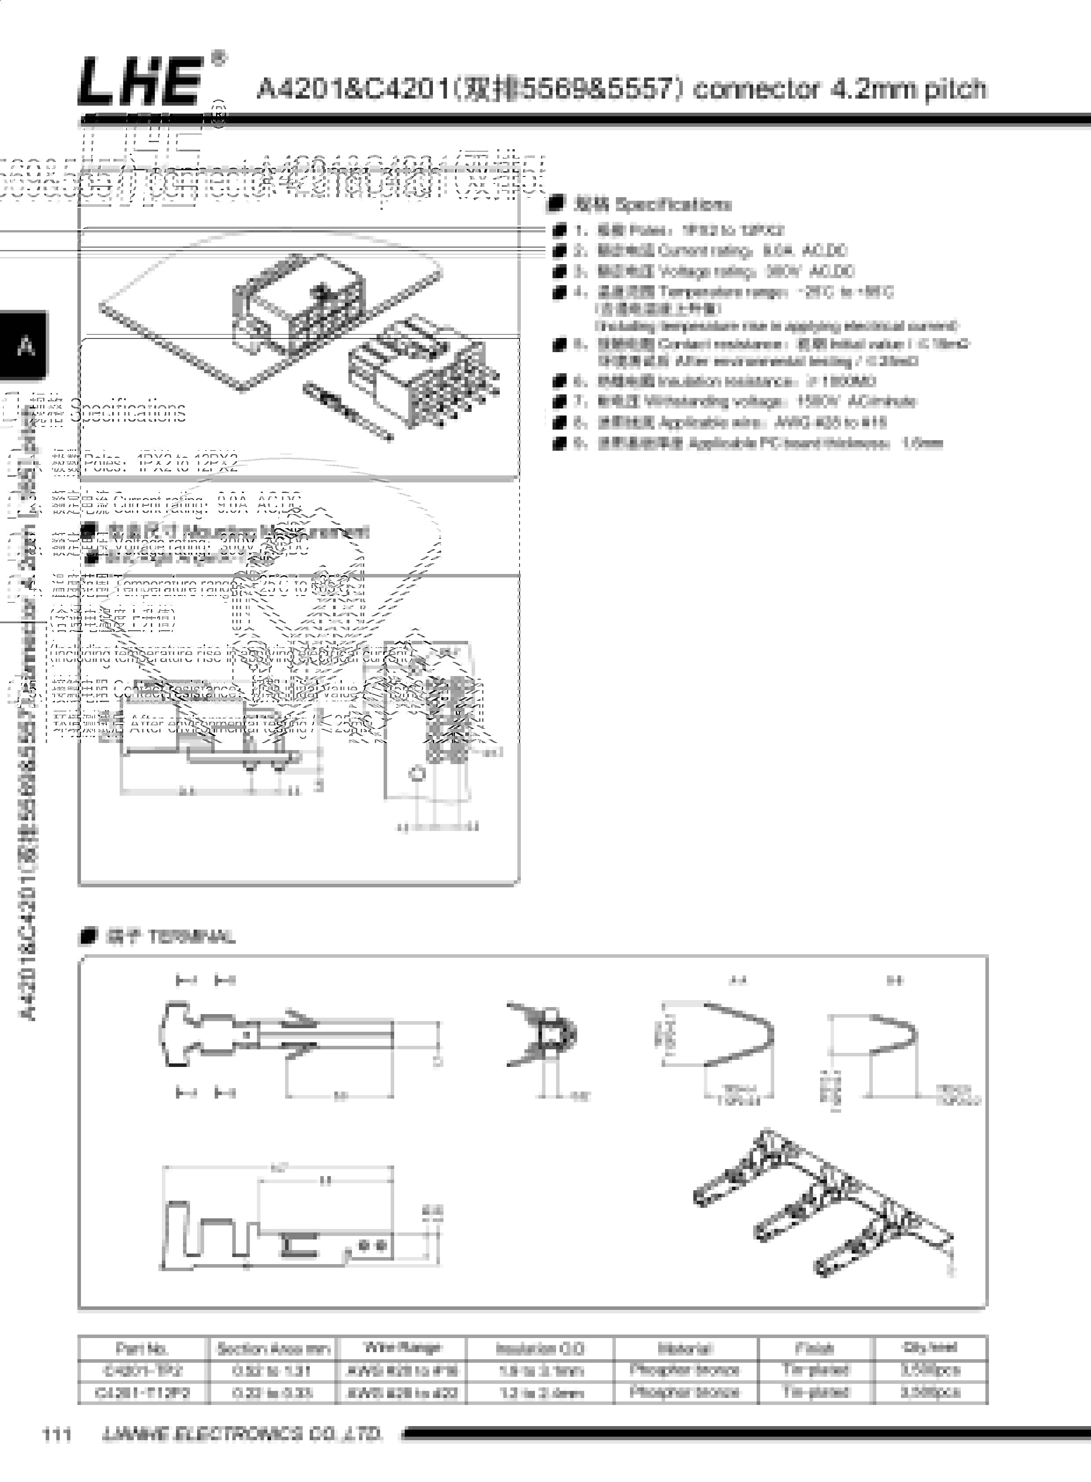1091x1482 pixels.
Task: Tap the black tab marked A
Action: (x=25, y=346)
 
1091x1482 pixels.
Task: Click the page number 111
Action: (x=57, y=1434)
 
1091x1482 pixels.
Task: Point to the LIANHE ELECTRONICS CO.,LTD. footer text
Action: (x=242, y=1434)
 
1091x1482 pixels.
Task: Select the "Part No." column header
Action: (x=142, y=1348)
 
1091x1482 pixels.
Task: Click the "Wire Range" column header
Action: (x=402, y=1347)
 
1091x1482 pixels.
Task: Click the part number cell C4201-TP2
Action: (x=142, y=1370)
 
